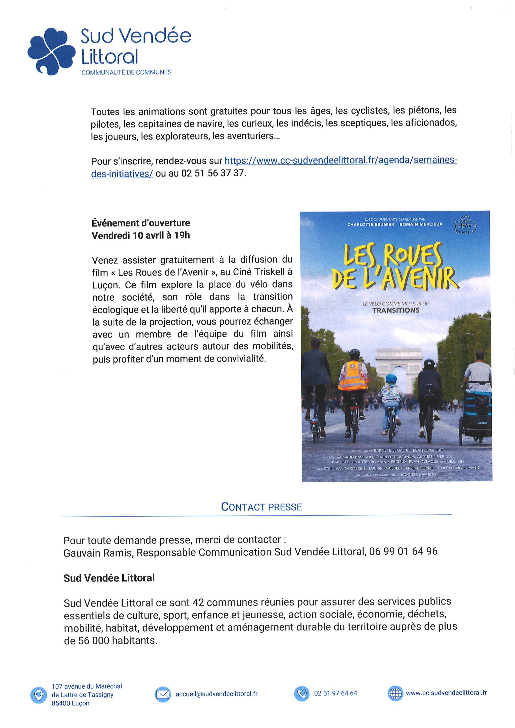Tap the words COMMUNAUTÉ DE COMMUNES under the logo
click(126, 72)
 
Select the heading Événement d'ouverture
click(141, 223)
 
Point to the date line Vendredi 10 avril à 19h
click(141, 235)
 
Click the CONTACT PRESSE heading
click(261, 507)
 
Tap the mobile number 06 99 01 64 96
click(403, 551)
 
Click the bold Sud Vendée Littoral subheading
click(109, 578)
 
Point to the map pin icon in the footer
click(38, 695)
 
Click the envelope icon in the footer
click(163, 695)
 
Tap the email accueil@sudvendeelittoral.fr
click(217, 694)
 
